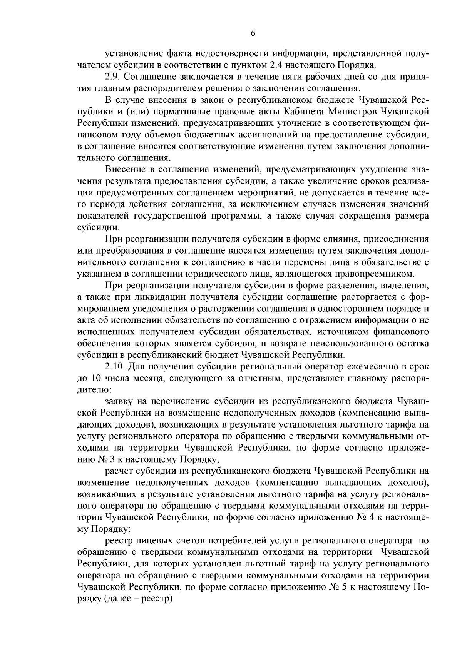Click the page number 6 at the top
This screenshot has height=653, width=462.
click(x=253, y=33)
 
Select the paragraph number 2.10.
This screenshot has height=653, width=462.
click(x=115, y=366)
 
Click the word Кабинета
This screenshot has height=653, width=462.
click(x=305, y=112)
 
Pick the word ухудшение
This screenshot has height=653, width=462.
click(x=371, y=169)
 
